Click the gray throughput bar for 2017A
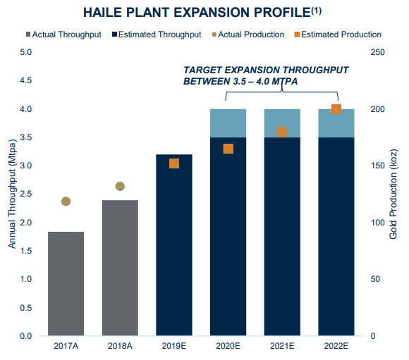(x=66, y=284)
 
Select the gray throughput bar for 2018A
(x=120, y=268)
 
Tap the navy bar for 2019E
(x=174, y=245)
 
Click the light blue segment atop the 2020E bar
(x=228, y=123)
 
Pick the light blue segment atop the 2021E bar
(x=282, y=123)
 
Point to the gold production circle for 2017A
(x=66, y=201)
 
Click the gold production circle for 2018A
(x=120, y=186)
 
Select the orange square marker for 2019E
(x=174, y=163)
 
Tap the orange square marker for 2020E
(x=228, y=149)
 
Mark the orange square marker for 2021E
(x=282, y=132)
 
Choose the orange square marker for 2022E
(x=336, y=109)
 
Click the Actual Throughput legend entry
(x=63, y=35)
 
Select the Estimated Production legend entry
(x=338, y=35)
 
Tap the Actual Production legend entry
(x=248, y=35)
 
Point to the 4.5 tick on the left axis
(x=25, y=80)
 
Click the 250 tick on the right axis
(x=377, y=52)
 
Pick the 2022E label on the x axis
(x=336, y=346)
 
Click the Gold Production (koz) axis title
(x=393, y=194)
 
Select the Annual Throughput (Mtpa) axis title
(x=12, y=194)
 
